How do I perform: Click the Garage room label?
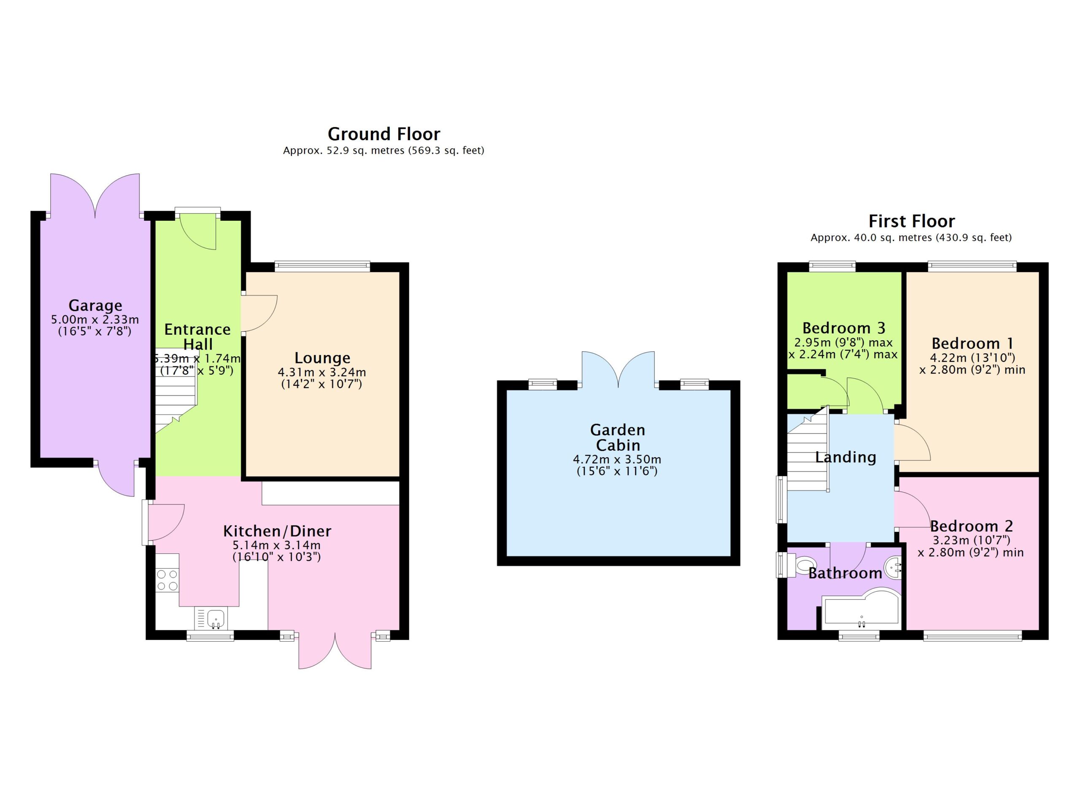pos(95,305)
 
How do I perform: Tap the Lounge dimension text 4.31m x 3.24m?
pos(322,372)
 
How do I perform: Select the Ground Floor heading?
pos(384,134)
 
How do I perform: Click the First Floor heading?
pos(911,221)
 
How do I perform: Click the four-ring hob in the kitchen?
pos(167,580)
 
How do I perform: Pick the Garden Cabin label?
pos(618,437)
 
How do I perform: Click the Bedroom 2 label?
pos(971,526)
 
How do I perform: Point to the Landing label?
pos(846,457)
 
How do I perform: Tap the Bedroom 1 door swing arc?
pos(921,441)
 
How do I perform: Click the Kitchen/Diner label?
pos(277,531)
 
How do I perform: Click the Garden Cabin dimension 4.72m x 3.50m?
pos(617,460)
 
